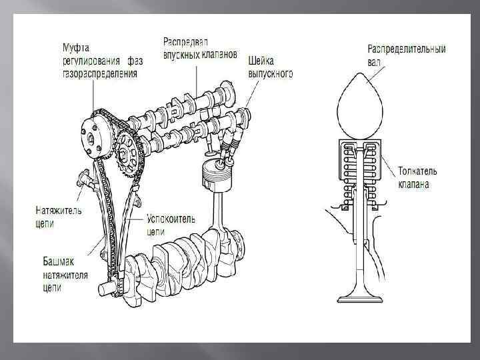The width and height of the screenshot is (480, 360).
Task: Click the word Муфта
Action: pyautogui.click(x=76, y=48)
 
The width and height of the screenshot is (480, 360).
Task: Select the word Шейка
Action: pyautogui.click(x=261, y=60)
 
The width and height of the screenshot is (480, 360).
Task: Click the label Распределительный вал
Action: pyautogui.click(x=406, y=55)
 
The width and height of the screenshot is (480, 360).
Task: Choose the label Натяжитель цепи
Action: pyautogui.click(x=58, y=217)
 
